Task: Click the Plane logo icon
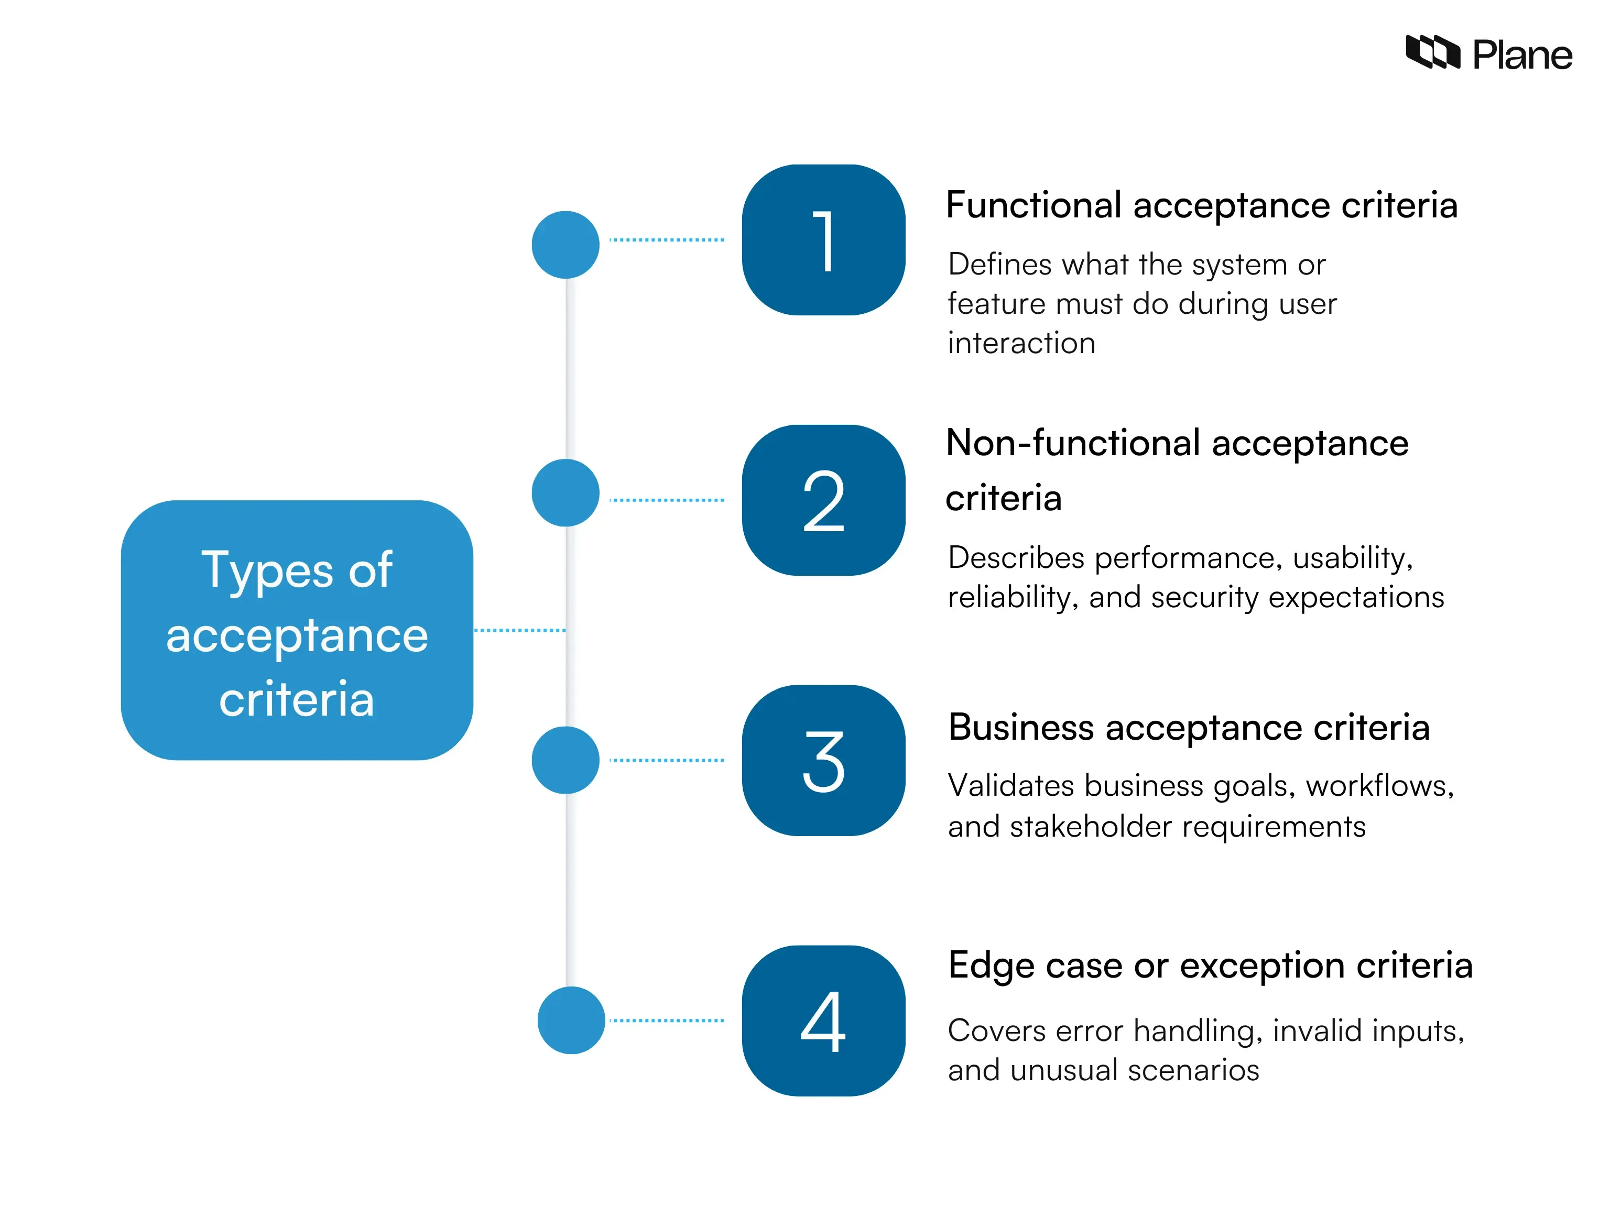pos(1432,52)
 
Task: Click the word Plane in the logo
pos(1522,56)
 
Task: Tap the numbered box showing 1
pos(823,240)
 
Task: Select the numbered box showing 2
pos(823,500)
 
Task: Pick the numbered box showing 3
pos(823,760)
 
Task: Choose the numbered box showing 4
pos(823,1021)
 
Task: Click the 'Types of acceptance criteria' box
pos(297,630)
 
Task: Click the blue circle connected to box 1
pos(565,245)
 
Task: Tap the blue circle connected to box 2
pos(565,492)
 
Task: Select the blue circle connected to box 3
pos(565,760)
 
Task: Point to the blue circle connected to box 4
pos(571,1020)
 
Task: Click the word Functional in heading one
pos(1034,205)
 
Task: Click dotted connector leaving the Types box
pos(520,630)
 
